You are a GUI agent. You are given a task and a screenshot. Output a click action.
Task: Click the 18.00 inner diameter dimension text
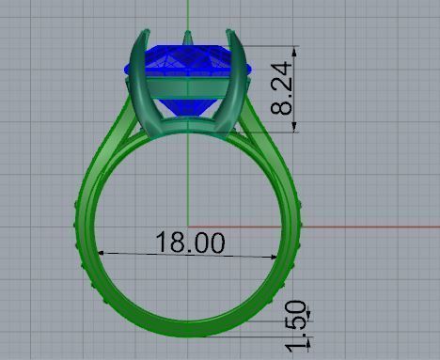(190, 243)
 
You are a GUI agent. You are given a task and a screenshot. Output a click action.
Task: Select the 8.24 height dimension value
(281, 89)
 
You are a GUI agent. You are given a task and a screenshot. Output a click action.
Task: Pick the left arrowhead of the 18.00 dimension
(102, 253)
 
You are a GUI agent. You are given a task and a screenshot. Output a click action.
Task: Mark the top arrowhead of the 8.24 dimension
(296, 49)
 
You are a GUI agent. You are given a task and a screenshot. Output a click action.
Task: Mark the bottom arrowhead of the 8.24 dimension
(296, 130)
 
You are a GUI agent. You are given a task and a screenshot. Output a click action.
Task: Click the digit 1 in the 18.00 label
(161, 243)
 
